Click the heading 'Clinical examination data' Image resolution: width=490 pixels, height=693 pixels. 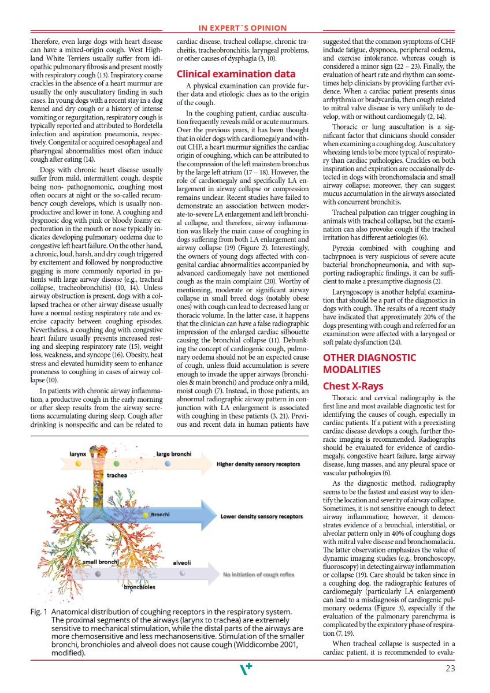236,74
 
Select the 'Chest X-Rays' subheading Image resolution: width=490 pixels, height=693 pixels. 352,386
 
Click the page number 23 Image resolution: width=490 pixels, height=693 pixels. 451,669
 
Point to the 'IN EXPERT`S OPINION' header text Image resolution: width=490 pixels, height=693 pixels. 243,28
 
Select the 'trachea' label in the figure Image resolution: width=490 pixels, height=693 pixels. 117,476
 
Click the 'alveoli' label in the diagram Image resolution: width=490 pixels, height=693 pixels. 181,562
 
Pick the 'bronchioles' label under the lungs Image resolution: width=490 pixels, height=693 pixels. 140,587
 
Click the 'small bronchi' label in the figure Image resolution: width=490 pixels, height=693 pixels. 101,562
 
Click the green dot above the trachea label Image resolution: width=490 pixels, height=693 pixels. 117,463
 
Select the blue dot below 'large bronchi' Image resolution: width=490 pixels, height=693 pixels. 167,463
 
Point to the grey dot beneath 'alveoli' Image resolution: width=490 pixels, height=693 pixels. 182,573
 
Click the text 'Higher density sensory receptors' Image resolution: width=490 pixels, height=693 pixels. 258,464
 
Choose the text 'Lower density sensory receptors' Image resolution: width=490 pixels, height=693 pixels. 261,516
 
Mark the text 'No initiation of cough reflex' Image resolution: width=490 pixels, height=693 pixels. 258,575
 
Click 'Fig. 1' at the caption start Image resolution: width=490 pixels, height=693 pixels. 39,612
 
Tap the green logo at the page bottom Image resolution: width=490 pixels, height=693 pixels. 244,669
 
